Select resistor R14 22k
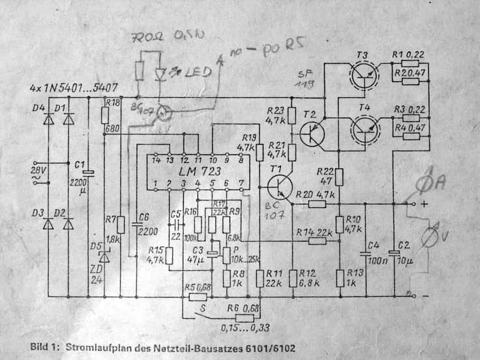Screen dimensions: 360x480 coord(318,241)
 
